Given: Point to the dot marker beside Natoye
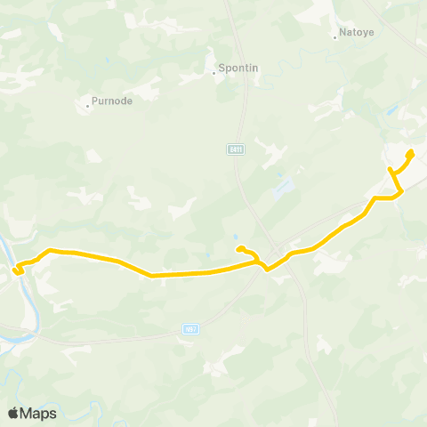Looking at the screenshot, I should point(336,37).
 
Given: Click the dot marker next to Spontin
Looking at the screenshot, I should point(214,73).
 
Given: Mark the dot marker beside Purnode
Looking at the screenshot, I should point(87,106).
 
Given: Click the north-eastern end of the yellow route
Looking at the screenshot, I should point(411,153).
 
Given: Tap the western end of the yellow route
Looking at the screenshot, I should point(16,284).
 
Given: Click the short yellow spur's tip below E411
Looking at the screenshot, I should point(239,248).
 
